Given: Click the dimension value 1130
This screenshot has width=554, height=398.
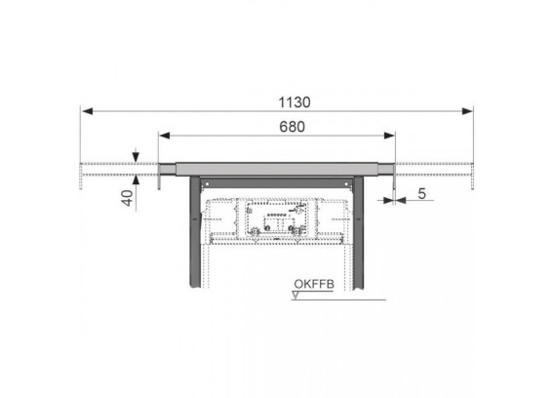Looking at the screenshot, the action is point(295,102).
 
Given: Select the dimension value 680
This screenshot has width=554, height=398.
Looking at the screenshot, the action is point(292,127).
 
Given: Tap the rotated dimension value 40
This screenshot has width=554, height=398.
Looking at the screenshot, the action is point(128,198).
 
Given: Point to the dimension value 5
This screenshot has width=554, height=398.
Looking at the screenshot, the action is point(422,194).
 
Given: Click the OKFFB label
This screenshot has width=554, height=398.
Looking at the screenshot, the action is point(314,284).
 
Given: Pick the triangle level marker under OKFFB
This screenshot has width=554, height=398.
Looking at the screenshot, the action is point(296,296).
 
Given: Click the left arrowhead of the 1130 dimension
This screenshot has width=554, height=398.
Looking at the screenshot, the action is point(87,111).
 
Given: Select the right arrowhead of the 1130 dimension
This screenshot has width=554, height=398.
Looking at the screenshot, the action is point(467,111).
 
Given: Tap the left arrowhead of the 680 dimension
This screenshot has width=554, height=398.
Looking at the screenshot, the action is point(165,136).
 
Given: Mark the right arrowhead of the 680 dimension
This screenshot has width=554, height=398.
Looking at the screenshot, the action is point(389,136).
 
